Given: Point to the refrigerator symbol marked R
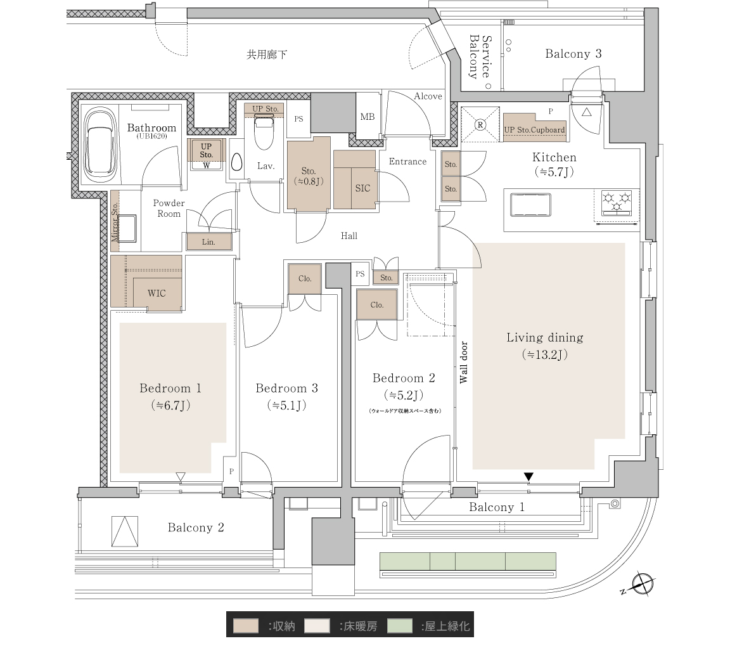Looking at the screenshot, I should (x=480, y=124).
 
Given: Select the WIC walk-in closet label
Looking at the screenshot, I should (x=157, y=294).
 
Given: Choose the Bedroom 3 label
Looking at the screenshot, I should (x=287, y=388).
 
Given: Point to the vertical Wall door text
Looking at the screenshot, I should (x=464, y=363).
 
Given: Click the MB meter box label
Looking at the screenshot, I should (x=368, y=117).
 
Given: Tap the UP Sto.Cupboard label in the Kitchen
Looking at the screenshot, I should (x=534, y=130).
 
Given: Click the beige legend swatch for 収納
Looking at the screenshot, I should (x=245, y=626).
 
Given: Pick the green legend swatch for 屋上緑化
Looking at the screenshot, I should (x=399, y=626).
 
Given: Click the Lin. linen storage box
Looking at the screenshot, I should (x=209, y=242).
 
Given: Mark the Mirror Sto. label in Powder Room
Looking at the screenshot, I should (x=115, y=222).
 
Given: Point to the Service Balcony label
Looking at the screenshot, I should (x=480, y=57).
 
